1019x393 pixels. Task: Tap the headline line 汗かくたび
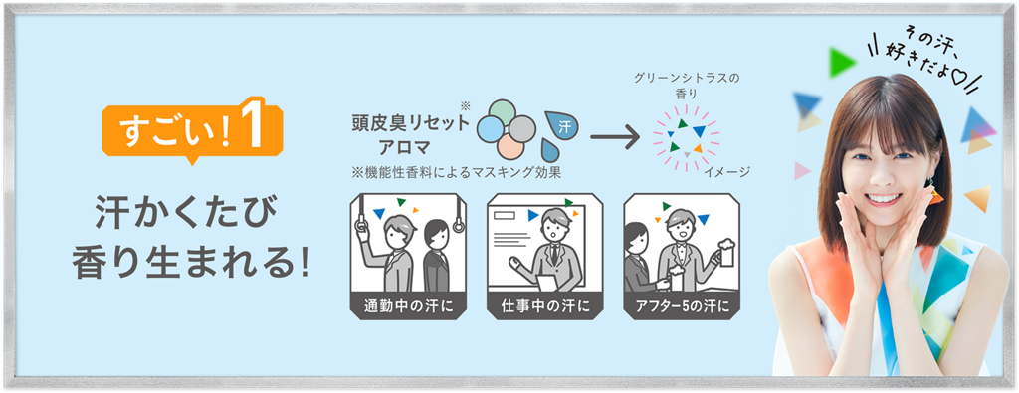(186, 215)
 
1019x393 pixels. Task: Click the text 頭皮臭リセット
(409, 123)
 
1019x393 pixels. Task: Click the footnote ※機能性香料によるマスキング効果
(457, 173)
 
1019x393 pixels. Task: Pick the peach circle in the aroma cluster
(510, 147)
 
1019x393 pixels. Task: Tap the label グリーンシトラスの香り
(687, 86)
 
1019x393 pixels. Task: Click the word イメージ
(727, 172)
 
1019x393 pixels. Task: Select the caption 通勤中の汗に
(408, 306)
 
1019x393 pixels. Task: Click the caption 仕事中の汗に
(544, 306)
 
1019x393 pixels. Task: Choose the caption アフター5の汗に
(681, 306)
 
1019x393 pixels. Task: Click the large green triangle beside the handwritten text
(842, 63)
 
